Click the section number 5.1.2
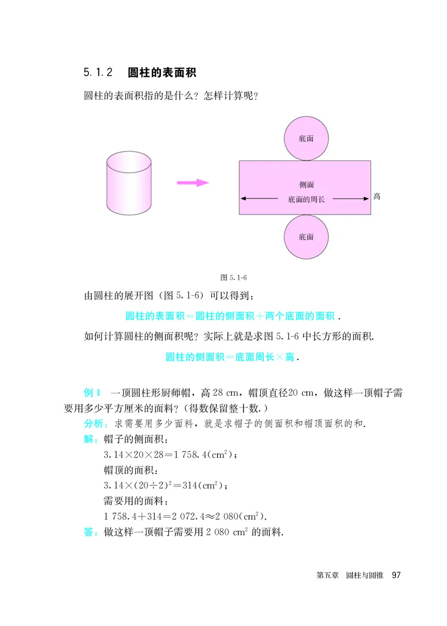[99, 73]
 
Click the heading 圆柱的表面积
[161, 73]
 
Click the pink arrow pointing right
[192, 182]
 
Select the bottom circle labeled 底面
[306, 237]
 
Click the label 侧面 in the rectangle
[306, 184]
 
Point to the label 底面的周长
[306, 198]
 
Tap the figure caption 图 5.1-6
[234, 277]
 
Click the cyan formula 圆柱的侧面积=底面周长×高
[230, 357]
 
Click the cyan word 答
[88, 532]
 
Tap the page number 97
[397, 575]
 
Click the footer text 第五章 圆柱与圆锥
[350, 575]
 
